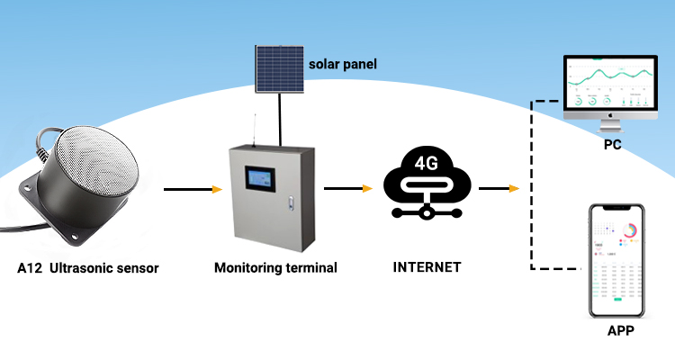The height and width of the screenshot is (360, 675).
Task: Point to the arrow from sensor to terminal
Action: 193,190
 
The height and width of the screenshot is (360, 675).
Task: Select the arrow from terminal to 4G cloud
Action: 347,189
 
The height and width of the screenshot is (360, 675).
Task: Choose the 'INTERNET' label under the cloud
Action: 427,266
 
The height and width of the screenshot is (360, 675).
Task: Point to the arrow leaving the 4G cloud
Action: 499,189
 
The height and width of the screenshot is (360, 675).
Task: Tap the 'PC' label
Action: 614,144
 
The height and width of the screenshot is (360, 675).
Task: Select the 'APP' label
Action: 620,330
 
